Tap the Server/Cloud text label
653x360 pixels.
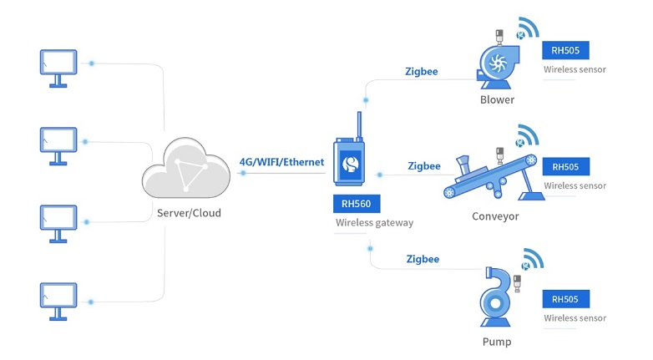[189, 213]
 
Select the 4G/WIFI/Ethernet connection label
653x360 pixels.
[281, 161]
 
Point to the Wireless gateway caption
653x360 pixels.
[374, 222]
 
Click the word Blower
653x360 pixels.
[497, 99]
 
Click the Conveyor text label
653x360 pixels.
[495, 216]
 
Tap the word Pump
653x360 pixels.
[496, 342]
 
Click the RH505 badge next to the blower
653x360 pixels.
[565, 49]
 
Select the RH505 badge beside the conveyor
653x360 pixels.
[565, 166]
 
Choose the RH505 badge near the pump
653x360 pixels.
[565, 299]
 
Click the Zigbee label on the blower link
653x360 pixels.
[421, 71]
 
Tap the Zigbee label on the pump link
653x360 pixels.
[422, 259]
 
